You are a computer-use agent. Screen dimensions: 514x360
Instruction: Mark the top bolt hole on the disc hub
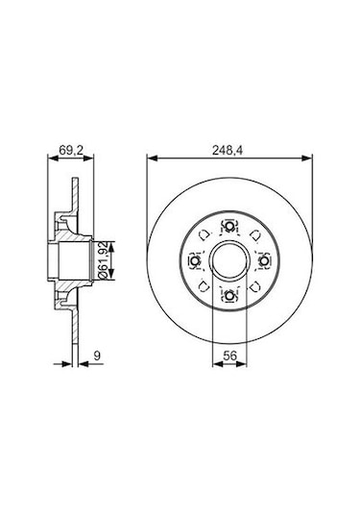point(229,227)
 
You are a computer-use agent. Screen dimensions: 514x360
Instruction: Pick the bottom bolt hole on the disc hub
point(229,295)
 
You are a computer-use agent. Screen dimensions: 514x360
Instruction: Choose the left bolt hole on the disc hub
point(195,261)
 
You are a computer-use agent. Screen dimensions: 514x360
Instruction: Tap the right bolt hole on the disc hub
point(263,261)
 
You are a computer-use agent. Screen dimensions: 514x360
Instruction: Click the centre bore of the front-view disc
point(229,261)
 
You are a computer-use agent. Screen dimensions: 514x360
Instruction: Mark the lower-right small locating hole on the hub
point(253,285)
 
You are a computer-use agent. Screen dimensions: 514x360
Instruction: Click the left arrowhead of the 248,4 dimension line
point(150,158)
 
